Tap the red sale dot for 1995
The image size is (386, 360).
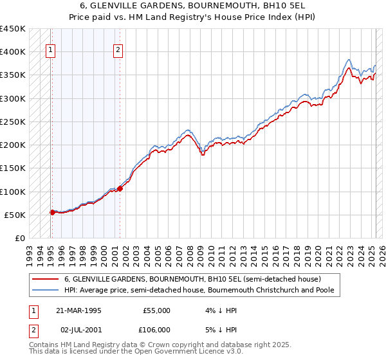[51, 212]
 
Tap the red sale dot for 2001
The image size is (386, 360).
[120, 188]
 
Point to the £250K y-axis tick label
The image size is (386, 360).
[13, 122]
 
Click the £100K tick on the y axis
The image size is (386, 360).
[13, 192]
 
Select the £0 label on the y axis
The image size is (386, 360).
[21, 238]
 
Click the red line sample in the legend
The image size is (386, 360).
[45, 279]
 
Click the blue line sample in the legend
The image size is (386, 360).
[45, 291]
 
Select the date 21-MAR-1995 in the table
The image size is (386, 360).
[79, 310]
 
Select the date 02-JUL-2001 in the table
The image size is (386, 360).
[79, 330]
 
